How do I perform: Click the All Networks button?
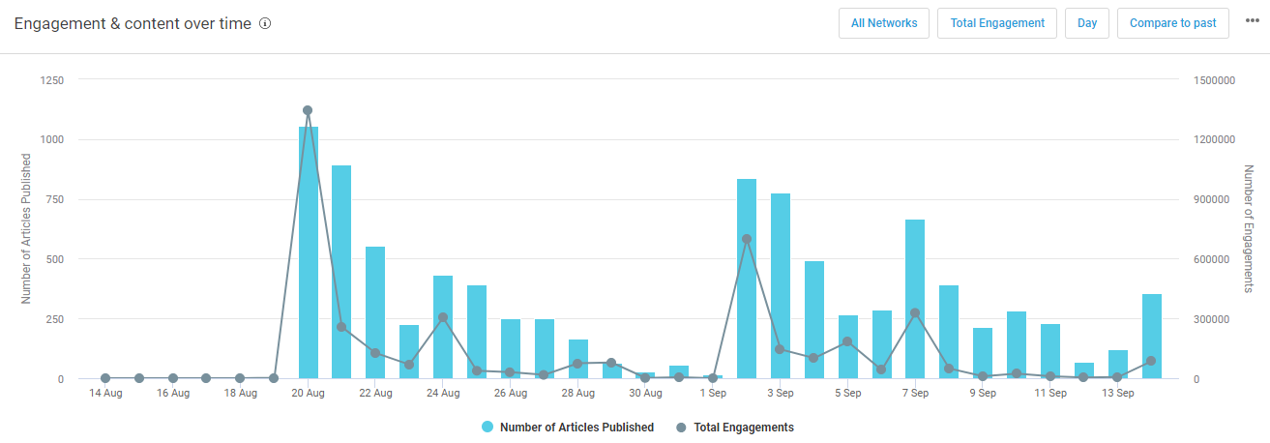[x=884, y=23]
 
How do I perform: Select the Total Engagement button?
[x=997, y=23]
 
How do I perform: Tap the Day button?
[x=1087, y=23]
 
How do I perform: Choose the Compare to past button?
[x=1172, y=23]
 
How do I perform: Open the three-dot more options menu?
[x=1252, y=22]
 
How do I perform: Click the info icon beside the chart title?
[x=265, y=23]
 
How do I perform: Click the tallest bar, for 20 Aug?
[x=309, y=251]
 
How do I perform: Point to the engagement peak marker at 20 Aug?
[x=308, y=110]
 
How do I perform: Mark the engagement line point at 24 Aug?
[x=443, y=317]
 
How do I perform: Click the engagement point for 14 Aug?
[x=105, y=378]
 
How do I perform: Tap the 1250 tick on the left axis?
[x=50, y=80]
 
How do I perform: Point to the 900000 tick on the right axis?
[x=1213, y=199]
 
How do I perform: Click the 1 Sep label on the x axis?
[x=713, y=394]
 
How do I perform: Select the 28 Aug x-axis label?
[x=577, y=394]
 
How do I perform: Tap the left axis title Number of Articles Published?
[x=26, y=228]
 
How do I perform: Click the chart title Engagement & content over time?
[x=133, y=23]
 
